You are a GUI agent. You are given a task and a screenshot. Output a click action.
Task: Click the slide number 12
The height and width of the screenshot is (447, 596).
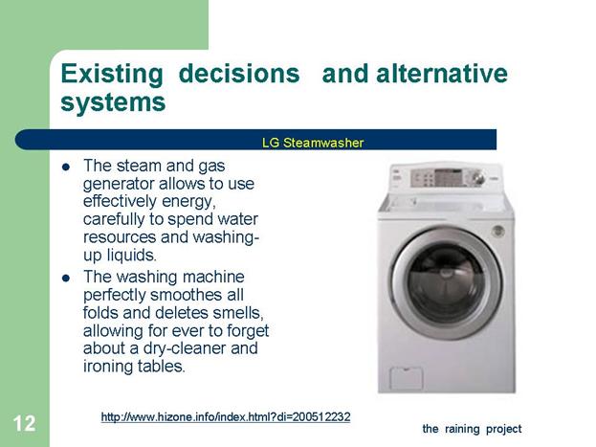click(24, 423)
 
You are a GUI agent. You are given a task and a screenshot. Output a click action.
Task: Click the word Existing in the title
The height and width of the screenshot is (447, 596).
click(112, 75)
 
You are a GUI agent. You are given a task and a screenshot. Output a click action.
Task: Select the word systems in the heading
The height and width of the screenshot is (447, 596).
click(113, 102)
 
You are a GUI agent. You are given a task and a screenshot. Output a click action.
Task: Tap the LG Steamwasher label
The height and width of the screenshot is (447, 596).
click(313, 143)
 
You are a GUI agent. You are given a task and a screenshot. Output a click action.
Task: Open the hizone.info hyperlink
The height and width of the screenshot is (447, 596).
click(226, 417)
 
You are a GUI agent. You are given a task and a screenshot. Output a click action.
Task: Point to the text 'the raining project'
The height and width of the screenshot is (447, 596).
click(472, 429)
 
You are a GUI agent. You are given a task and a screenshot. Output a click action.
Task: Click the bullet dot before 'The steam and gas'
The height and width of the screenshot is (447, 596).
click(66, 167)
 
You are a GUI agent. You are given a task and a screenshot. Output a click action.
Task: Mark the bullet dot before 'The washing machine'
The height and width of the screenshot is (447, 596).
click(66, 279)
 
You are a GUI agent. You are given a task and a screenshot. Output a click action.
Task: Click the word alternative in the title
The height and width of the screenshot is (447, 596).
click(442, 73)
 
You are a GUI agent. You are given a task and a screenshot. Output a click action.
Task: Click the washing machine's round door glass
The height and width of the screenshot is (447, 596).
click(446, 283)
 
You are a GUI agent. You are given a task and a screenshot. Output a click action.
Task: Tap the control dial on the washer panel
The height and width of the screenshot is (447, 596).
click(477, 178)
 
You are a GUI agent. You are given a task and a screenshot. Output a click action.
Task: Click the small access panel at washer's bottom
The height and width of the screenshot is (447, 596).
click(407, 378)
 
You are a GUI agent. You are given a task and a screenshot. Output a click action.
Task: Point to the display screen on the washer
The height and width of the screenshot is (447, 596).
click(448, 177)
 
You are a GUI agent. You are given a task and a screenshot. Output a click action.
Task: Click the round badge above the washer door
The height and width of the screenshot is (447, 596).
click(497, 231)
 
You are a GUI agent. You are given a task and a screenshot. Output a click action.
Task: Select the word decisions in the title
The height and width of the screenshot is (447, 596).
click(239, 73)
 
